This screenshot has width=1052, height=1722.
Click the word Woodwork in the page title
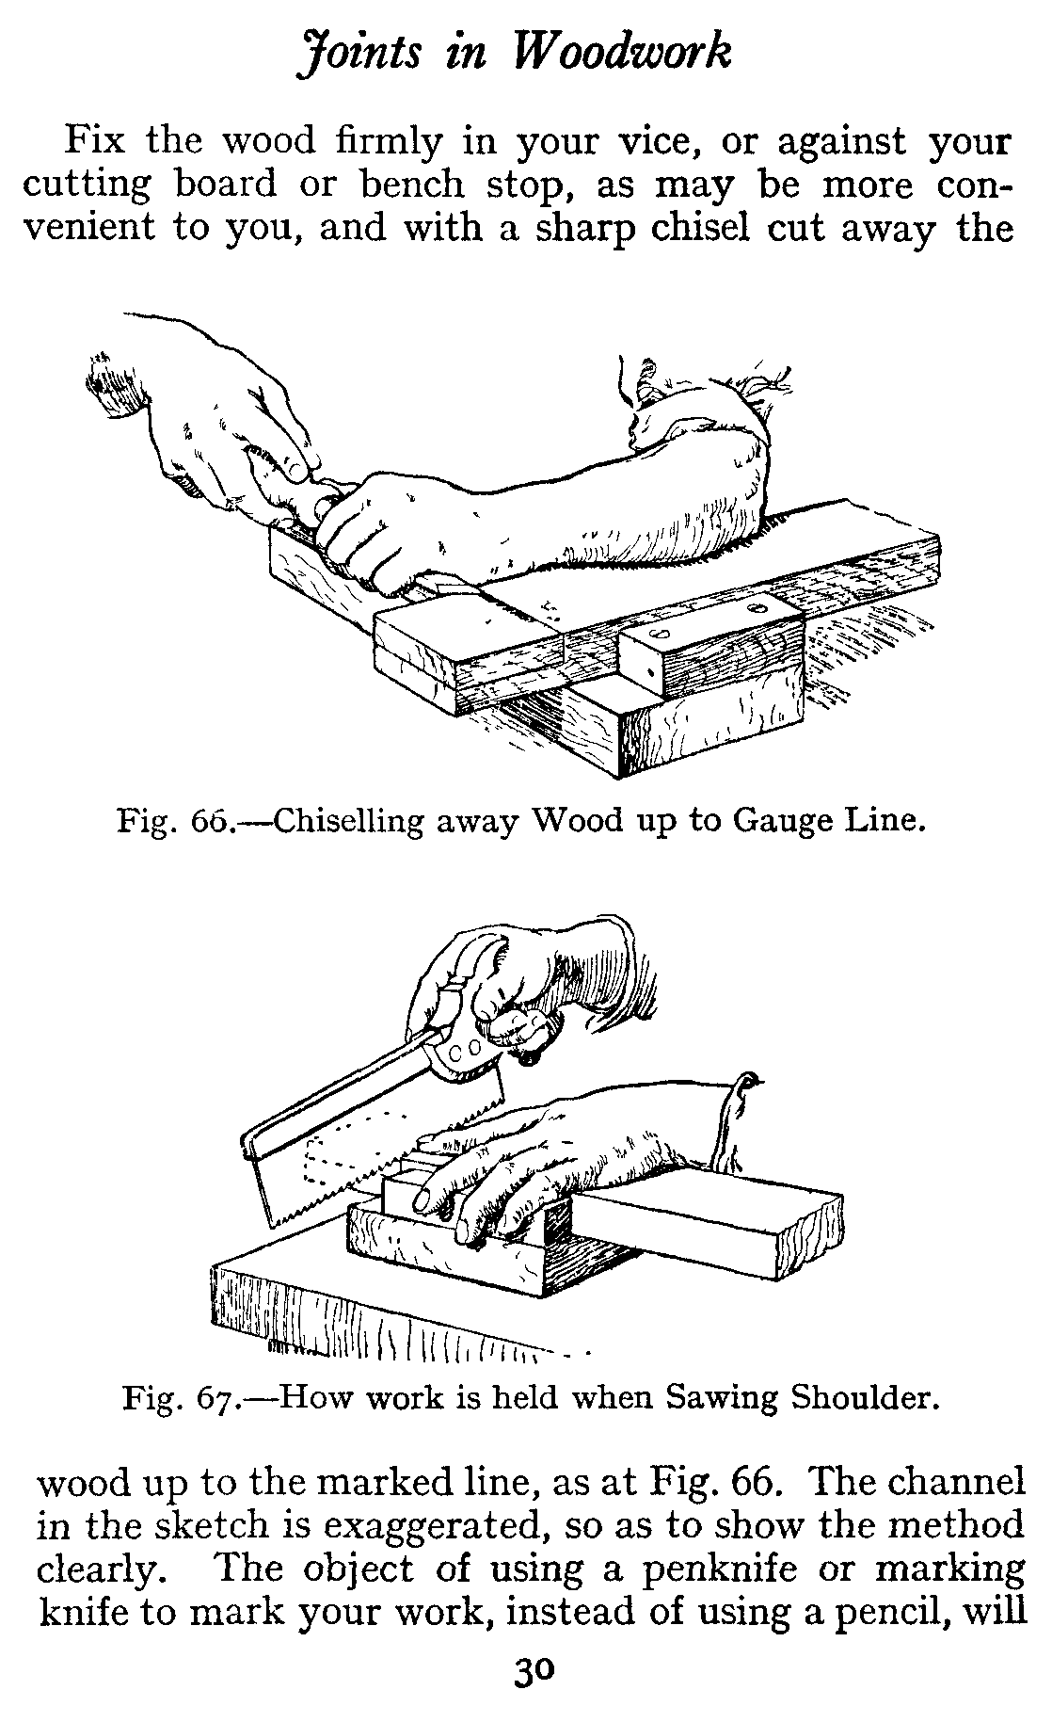tap(622, 52)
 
